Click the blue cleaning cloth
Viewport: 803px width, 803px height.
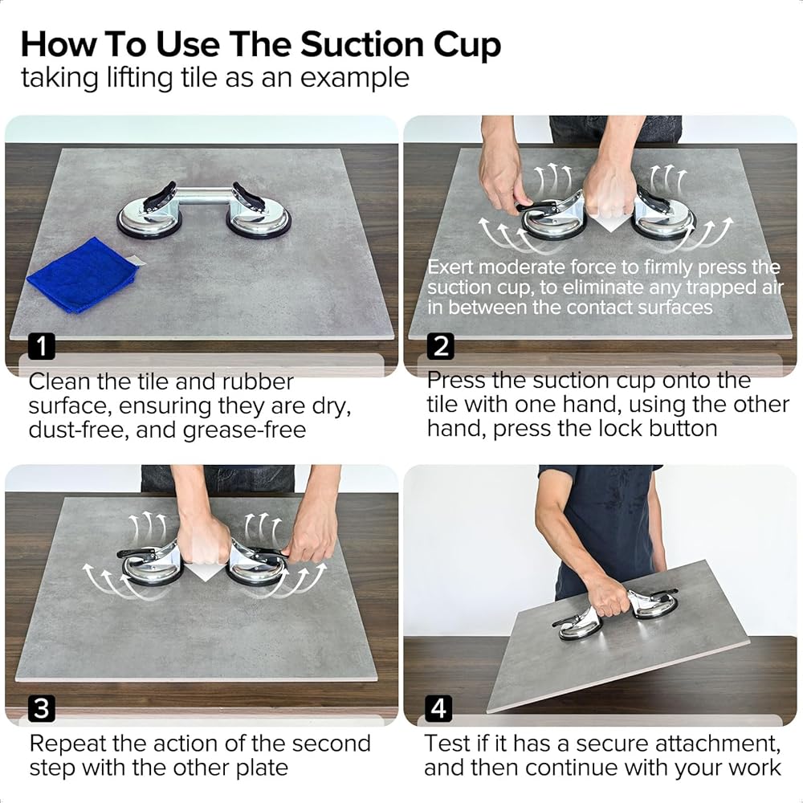[83, 275]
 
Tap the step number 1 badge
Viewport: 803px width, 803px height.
[42, 346]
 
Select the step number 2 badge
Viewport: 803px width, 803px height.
[440, 346]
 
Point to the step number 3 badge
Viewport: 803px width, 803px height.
[42, 709]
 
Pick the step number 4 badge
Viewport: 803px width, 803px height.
[438, 709]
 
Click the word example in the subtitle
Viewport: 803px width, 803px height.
[354, 79]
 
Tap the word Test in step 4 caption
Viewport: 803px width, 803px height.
[446, 743]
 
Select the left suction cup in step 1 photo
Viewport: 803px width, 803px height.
[149, 214]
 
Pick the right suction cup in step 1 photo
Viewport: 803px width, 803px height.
[258, 214]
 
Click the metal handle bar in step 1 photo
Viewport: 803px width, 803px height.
[204, 196]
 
